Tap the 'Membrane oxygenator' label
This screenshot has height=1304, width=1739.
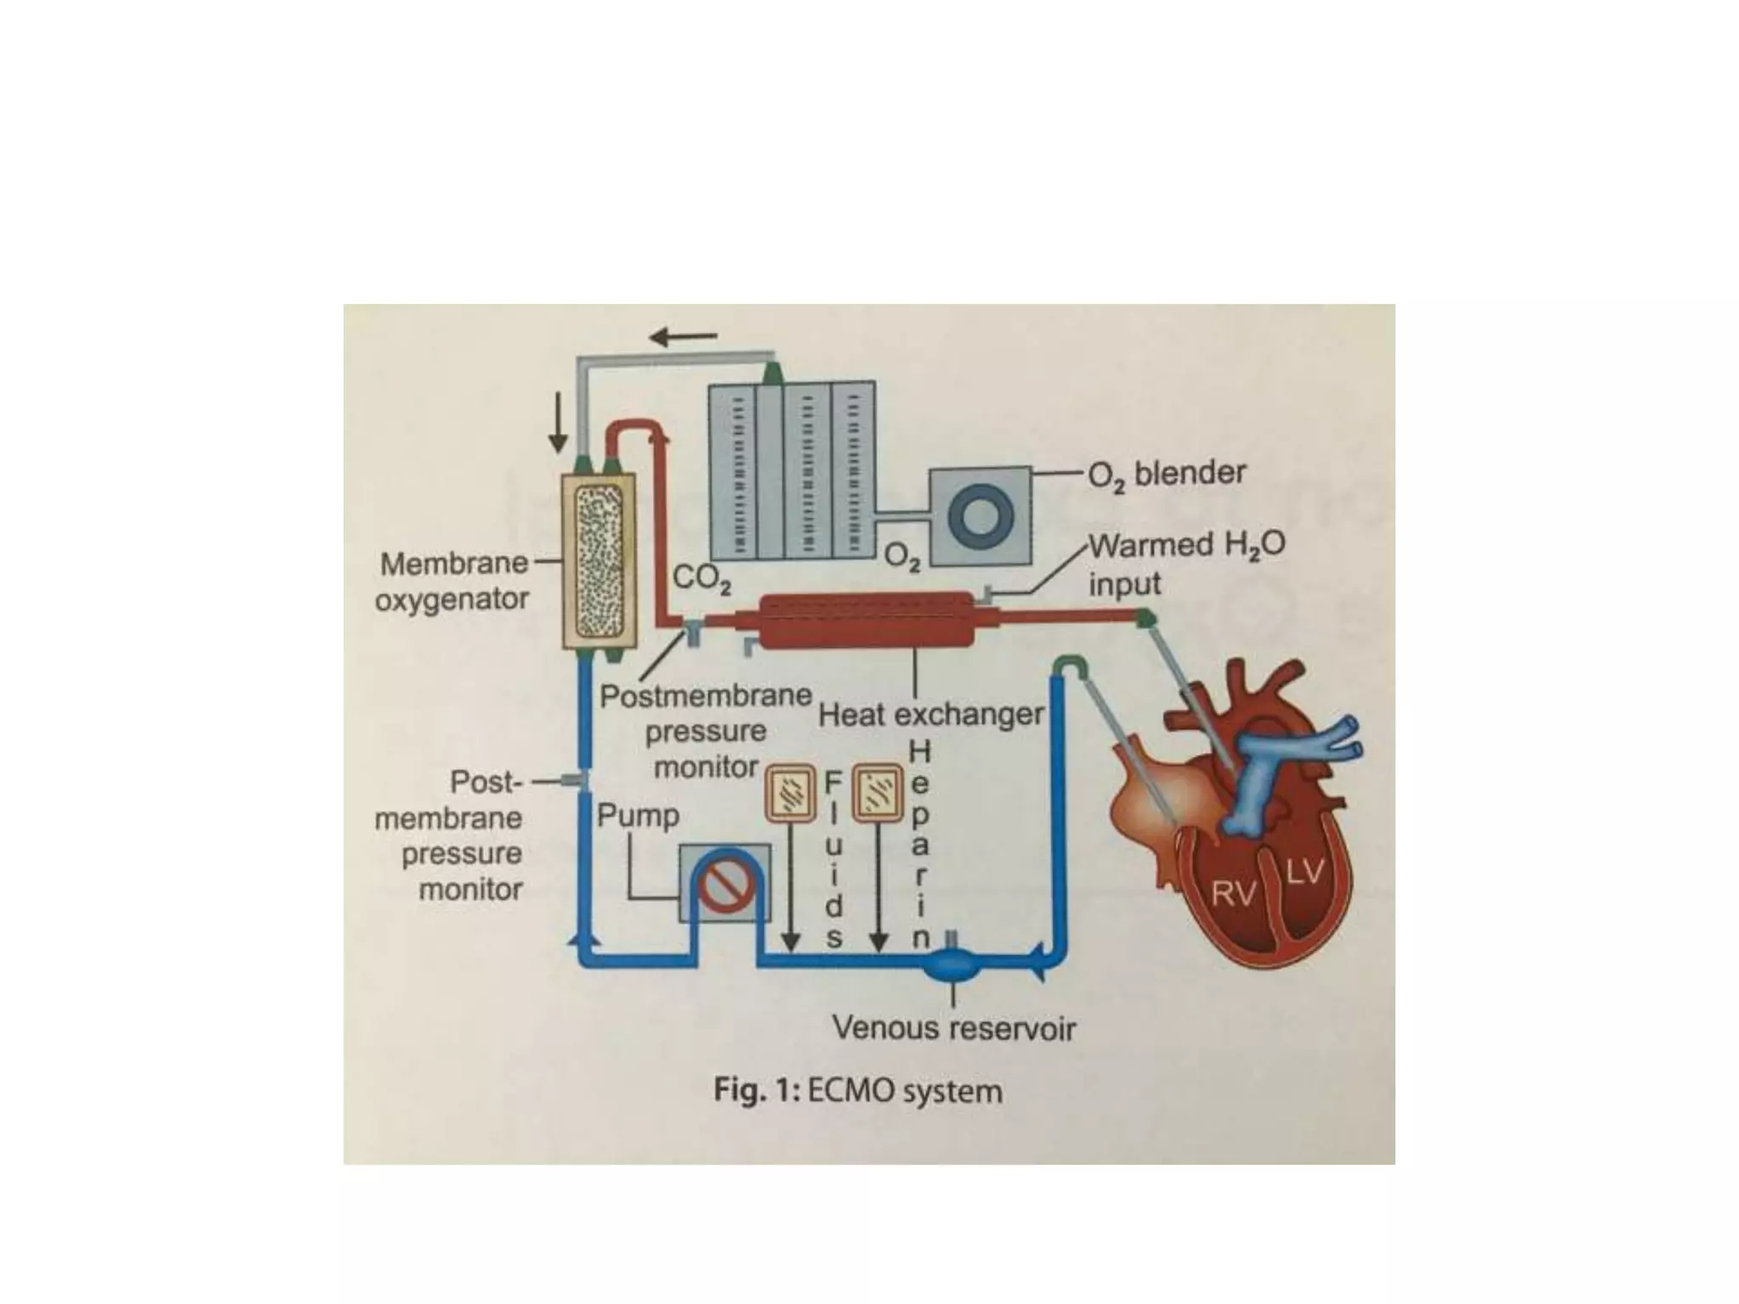[x=453, y=582]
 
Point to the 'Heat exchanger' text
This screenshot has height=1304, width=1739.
[x=931, y=715]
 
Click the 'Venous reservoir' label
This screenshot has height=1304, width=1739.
[x=954, y=1028]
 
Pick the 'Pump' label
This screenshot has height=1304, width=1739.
[x=638, y=816]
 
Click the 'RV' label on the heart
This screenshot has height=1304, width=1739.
[x=1233, y=893]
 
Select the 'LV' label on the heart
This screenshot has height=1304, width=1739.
[x=1304, y=872]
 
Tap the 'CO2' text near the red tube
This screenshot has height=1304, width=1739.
[x=701, y=579]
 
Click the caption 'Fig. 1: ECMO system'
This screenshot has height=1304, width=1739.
[x=858, y=1091]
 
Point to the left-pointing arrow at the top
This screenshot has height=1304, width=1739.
[x=683, y=337]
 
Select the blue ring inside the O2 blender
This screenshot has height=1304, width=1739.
[x=981, y=518]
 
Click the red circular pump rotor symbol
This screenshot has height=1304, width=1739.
[x=726, y=885]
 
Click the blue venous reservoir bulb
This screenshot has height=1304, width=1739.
[x=953, y=964]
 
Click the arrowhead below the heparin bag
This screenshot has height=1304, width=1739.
[x=880, y=941]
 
